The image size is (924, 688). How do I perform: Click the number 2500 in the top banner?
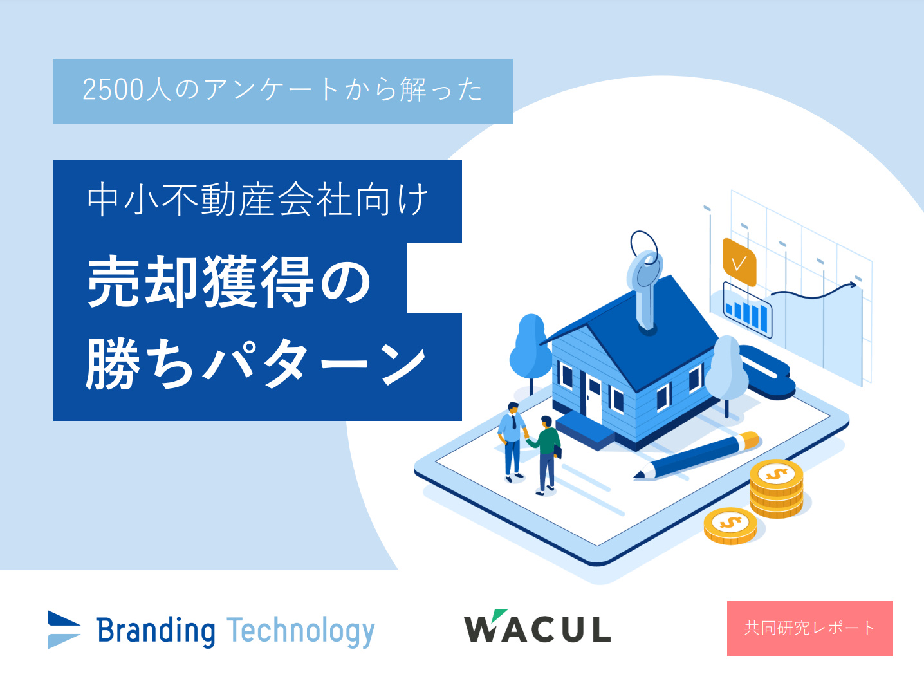click(113, 89)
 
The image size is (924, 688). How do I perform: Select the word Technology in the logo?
click(300, 632)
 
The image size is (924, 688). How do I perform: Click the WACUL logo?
click(537, 626)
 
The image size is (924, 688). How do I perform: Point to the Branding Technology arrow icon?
click(63, 629)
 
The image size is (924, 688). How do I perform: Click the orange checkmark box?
click(739, 262)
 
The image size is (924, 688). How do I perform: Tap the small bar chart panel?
click(747, 310)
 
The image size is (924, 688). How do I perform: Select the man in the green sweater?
click(545, 455)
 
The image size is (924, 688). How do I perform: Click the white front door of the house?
click(593, 400)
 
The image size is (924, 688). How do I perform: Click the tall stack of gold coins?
click(777, 488)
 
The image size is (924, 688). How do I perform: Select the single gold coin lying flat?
click(730, 525)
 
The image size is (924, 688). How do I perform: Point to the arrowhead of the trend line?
click(853, 284)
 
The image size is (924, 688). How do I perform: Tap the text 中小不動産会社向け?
click(257, 200)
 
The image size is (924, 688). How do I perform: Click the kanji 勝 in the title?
click(112, 363)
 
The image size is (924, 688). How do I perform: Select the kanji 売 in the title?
click(113, 282)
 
